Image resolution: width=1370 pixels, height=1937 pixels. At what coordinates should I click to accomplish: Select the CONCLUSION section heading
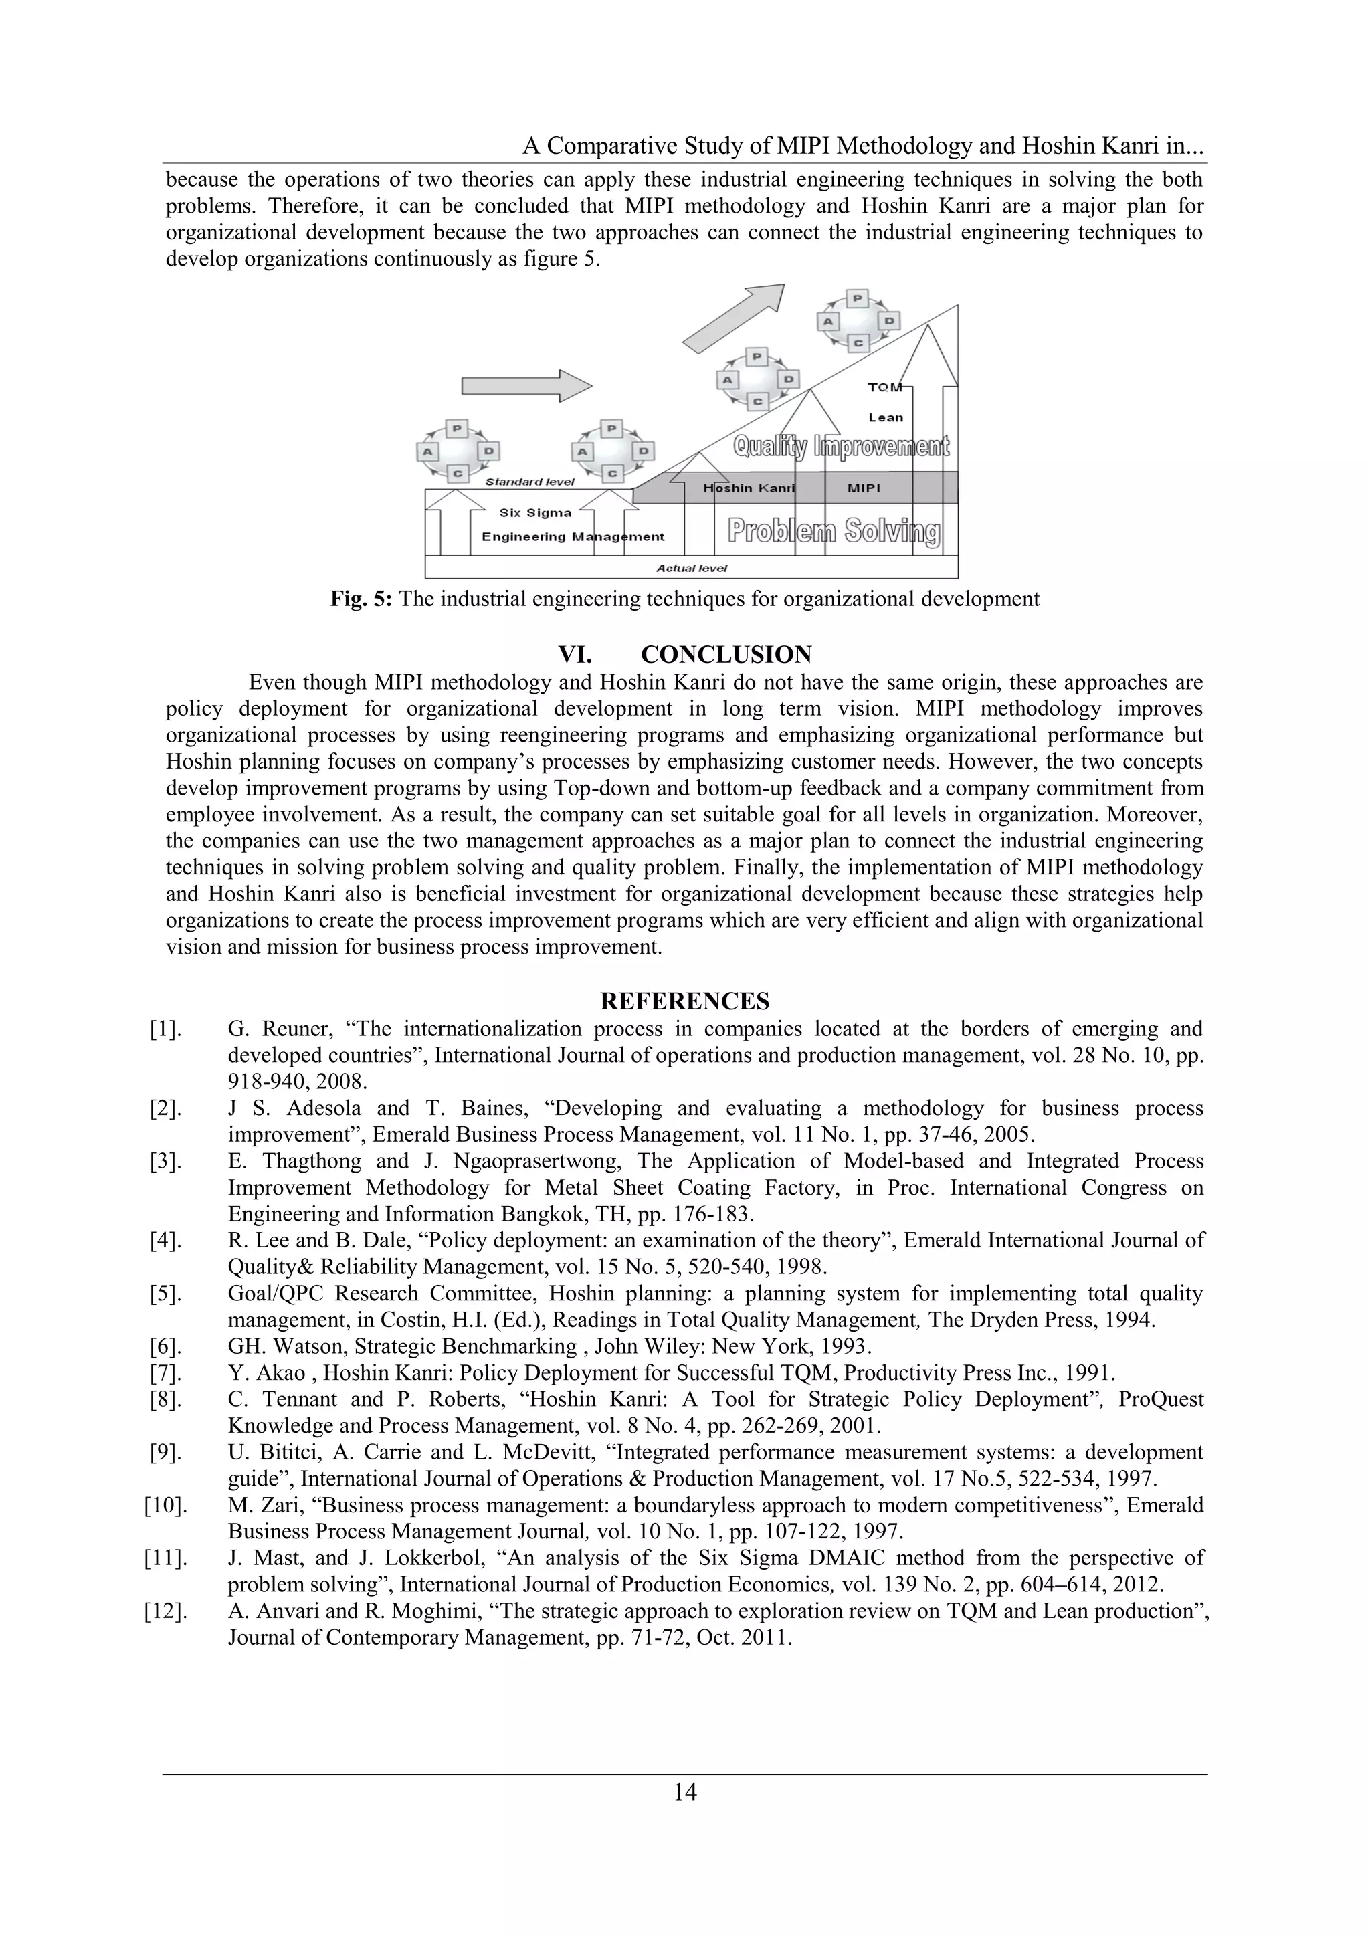click(726, 655)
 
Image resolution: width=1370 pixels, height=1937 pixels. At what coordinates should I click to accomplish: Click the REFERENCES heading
click(684, 1001)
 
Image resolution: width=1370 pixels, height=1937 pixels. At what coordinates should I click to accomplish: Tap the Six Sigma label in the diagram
click(535, 513)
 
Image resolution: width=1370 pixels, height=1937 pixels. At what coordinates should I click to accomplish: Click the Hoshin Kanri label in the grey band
click(749, 488)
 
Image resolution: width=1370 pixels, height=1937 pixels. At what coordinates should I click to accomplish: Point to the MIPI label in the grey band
click(864, 488)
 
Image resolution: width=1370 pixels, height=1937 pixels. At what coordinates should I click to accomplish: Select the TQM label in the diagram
click(885, 387)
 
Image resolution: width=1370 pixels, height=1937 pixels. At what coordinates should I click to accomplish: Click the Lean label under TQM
click(886, 417)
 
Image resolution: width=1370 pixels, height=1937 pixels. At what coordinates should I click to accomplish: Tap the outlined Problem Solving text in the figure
click(834, 532)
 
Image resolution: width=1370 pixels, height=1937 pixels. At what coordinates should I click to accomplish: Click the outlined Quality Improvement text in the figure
click(841, 445)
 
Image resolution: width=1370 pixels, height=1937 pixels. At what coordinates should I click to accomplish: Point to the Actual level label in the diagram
click(692, 568)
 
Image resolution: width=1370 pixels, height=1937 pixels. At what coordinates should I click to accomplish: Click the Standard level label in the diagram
click(530, 482)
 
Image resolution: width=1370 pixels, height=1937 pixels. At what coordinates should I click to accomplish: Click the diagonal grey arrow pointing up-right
click(733, 318)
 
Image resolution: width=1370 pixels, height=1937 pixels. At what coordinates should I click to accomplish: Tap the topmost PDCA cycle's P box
click(857, 298)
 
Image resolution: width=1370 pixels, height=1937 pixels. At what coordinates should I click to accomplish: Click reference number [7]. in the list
click(165, 1373)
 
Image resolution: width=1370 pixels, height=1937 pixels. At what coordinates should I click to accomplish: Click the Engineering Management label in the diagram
click(573, 537)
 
